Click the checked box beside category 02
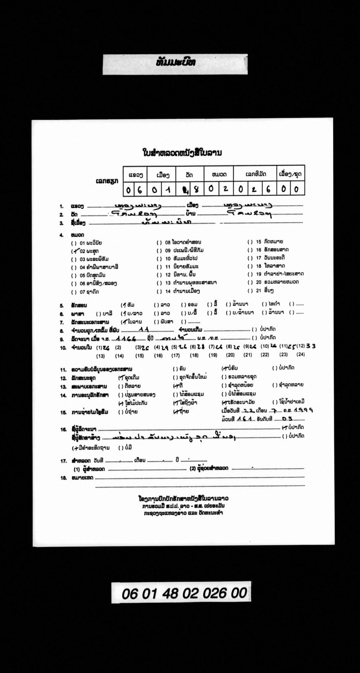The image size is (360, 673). coord(74,251)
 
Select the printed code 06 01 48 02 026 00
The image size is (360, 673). coord(184,593)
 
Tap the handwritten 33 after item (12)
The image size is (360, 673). coord(311,346)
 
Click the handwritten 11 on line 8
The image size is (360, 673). coord(144,330)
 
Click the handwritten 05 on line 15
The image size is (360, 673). coord(287,419)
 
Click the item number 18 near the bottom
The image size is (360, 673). coord(63,478)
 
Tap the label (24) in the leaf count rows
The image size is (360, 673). coord(300,354)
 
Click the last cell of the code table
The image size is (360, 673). coord(297,189)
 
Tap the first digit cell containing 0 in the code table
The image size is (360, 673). coord(128,190)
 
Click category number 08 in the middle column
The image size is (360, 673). coord(168,242)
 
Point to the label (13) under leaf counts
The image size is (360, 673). coord(100,356)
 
